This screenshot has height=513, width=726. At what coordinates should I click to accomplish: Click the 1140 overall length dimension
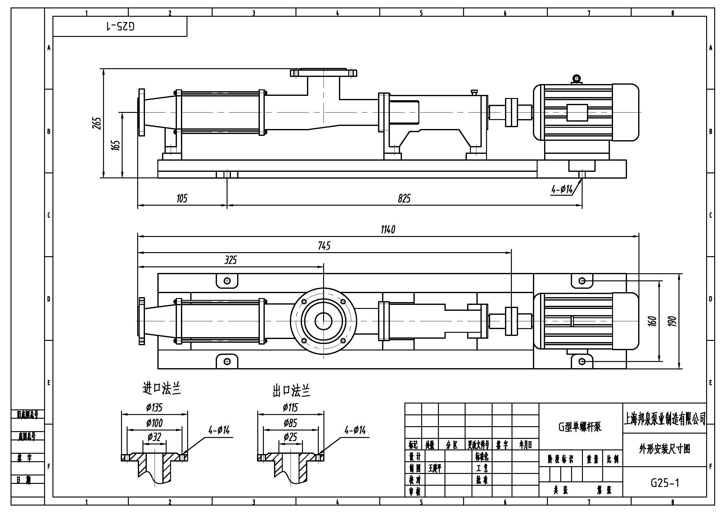point(388,230)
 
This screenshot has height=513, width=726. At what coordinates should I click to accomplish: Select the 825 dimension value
point(404,199)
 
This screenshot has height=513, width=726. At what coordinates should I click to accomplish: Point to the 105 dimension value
point(182,199)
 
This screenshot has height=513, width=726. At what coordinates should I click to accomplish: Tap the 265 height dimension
point(97,123)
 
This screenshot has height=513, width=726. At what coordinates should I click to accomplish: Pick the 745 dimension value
point(324,246)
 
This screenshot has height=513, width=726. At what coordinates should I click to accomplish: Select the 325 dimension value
point(231,260)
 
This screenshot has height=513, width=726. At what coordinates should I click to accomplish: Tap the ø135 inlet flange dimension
point(154,408)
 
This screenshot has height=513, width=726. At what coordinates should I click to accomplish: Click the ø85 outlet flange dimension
point(290,423)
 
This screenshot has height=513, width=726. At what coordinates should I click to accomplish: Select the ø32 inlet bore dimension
point(154,437)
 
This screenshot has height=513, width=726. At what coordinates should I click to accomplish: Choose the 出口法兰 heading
point(291,391)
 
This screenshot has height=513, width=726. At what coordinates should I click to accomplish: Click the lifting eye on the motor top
point(577,78)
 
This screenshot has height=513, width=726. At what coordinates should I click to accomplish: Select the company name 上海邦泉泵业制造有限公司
point(664,418)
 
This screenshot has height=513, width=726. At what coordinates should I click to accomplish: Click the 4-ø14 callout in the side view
point(562,190)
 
